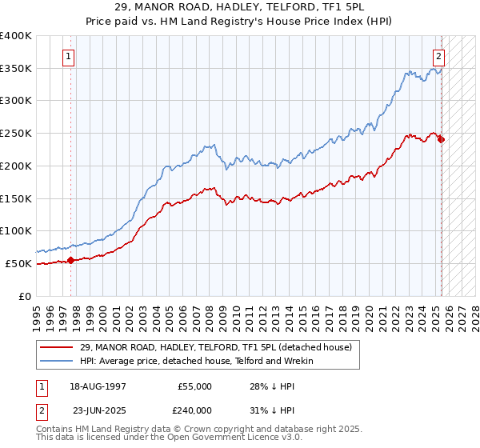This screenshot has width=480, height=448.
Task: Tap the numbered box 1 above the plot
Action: [x=70, y=57]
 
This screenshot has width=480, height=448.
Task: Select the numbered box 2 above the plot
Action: [x=439, y=57]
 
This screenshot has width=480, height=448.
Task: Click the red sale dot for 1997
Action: [x=70, y=260]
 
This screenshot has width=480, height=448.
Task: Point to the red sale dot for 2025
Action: [x=442, y=139]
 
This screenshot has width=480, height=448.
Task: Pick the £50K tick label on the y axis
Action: [x=18, y=263]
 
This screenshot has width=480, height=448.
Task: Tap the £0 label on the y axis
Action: [x=26, y=296]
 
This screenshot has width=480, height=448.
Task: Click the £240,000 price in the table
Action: [x=194, y=410]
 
